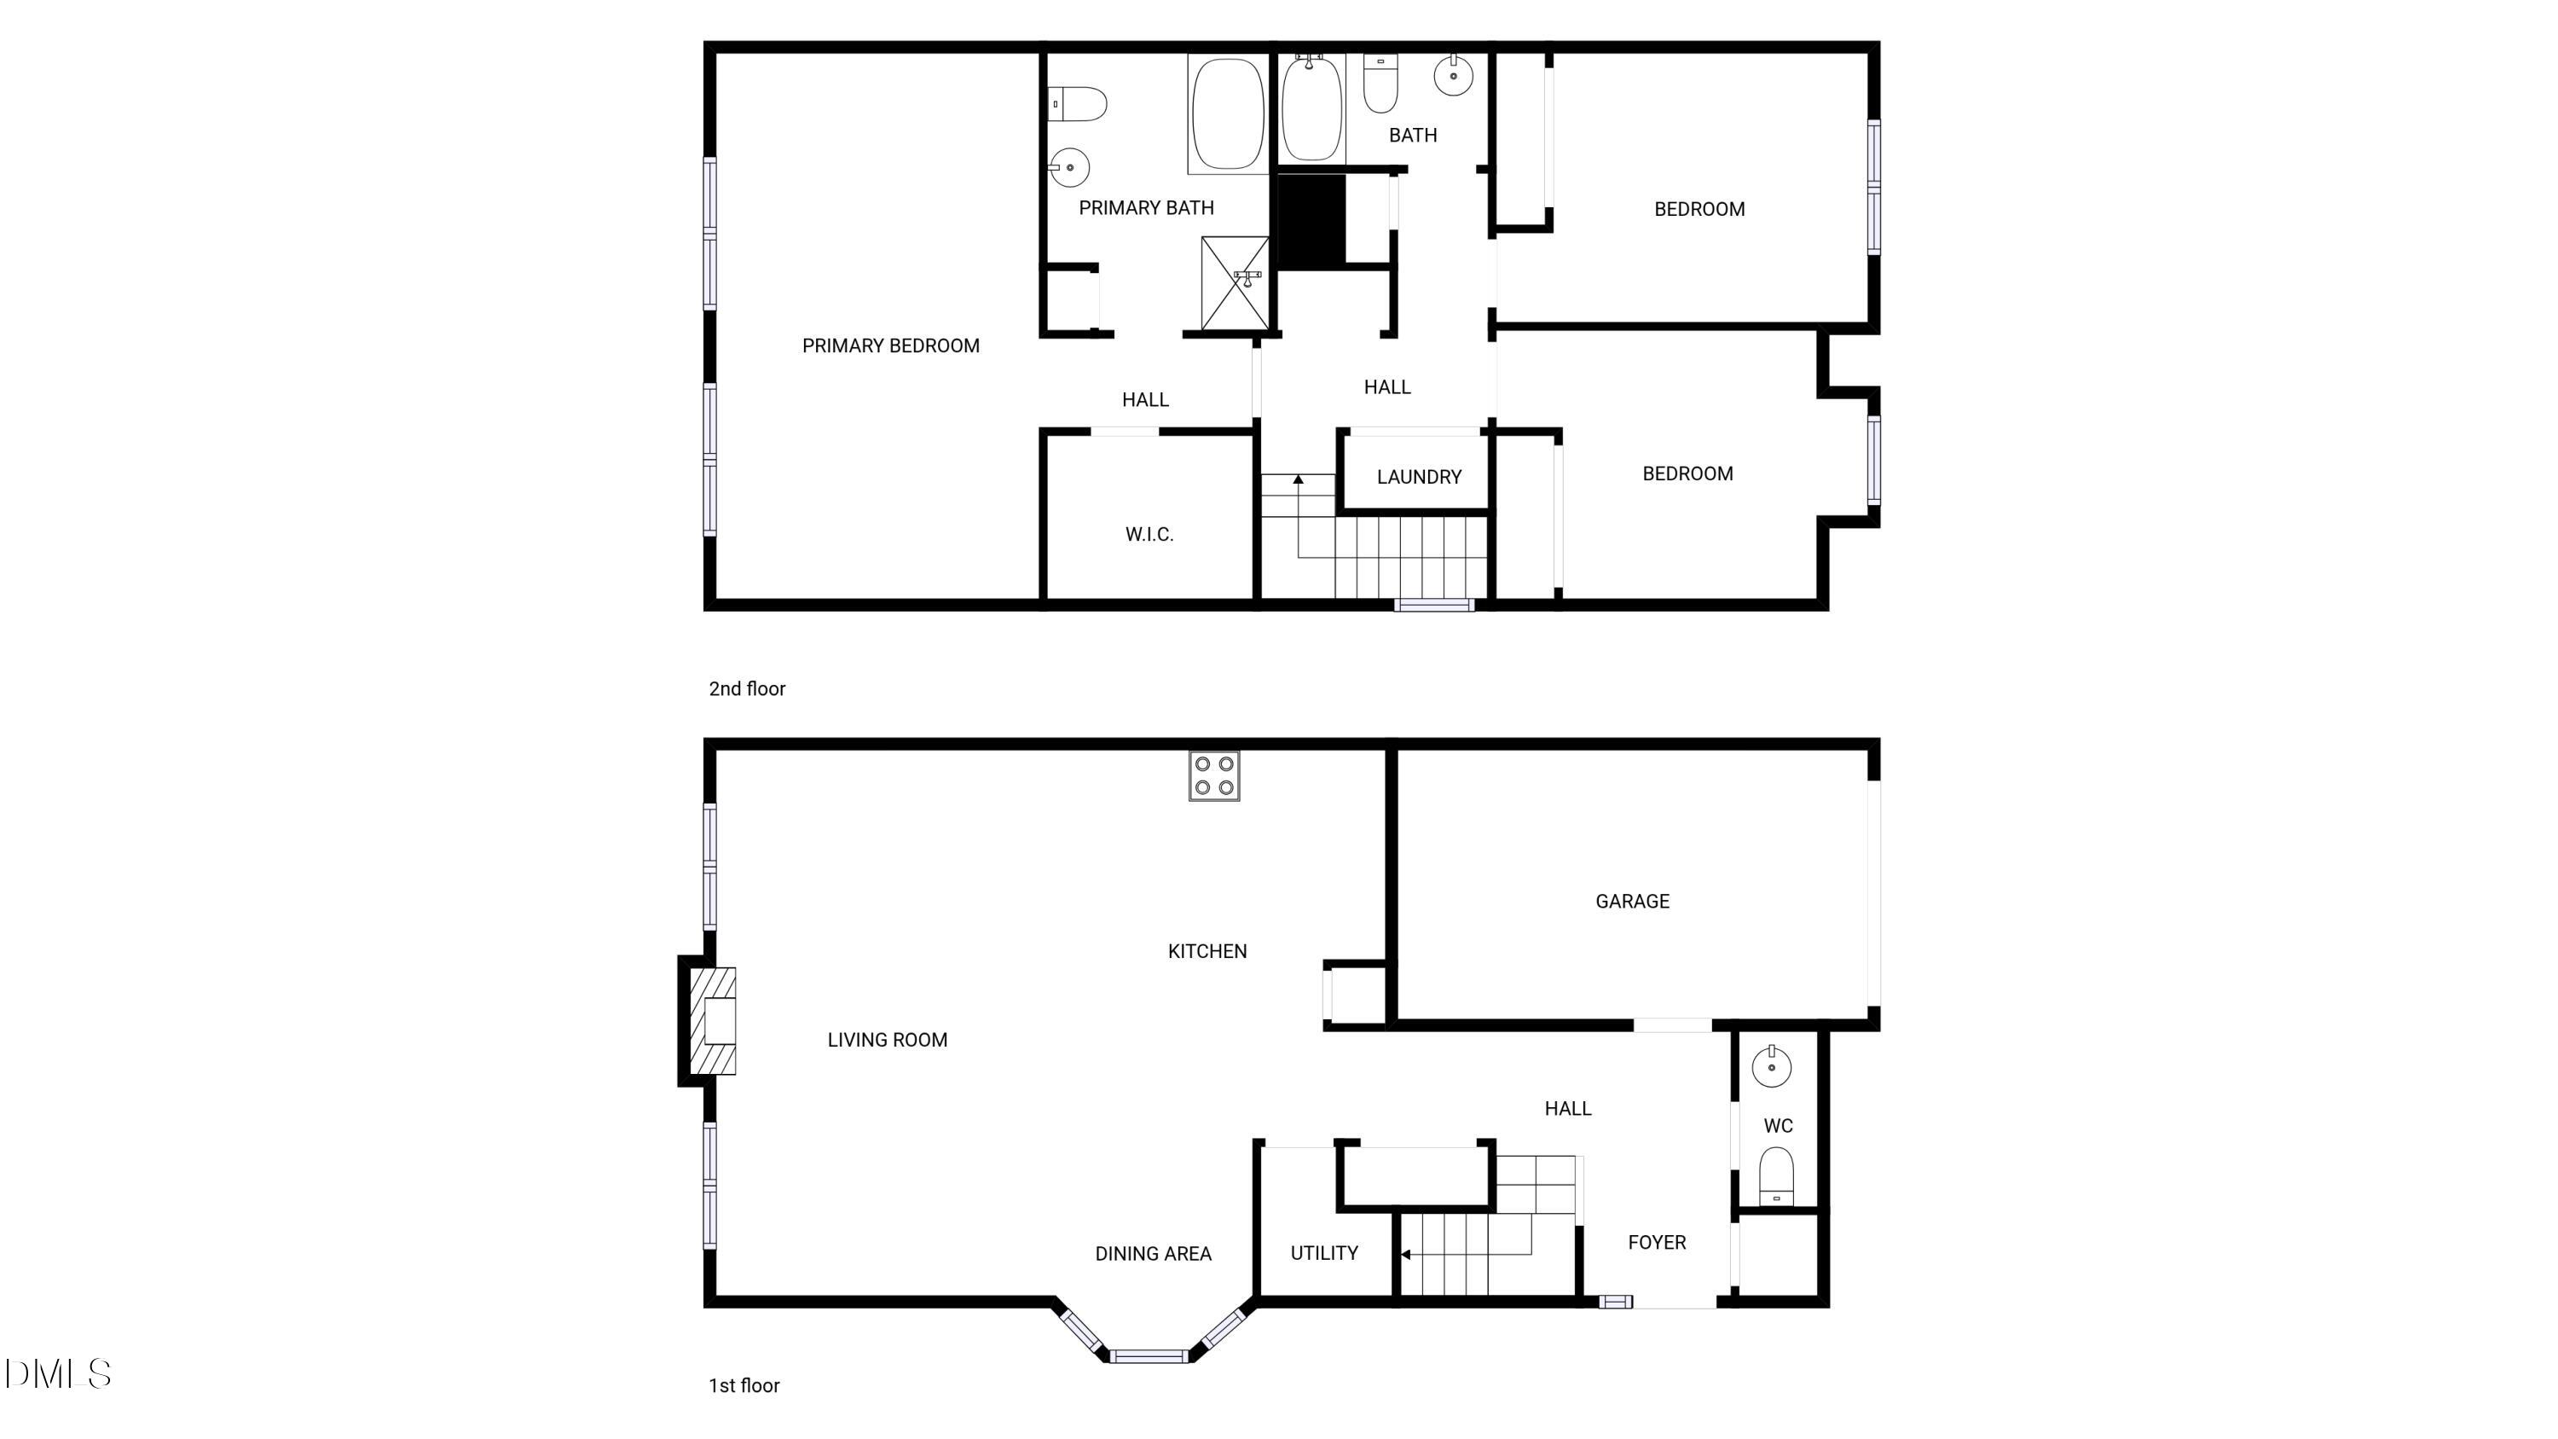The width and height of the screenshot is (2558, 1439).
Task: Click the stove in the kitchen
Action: [x=1213, y=775]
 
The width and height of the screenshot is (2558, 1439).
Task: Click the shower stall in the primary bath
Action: [x=1235, y=282]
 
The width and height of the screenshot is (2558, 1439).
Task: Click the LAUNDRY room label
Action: [x=1419, y=477]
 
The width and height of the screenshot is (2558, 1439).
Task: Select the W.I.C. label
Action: [x=1149, y=534]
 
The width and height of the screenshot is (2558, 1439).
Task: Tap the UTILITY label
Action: [x=1323, y=1253]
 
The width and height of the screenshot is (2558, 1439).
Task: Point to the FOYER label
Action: [x=1657, y=1242]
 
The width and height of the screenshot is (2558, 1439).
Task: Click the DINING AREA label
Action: [x=1153, y=1254]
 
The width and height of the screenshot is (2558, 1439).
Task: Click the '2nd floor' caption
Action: [x=747, y=689]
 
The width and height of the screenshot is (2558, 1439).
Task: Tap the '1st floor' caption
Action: [x=744, y=1385]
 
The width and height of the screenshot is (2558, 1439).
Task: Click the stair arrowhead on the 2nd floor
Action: [x=1298, y=479]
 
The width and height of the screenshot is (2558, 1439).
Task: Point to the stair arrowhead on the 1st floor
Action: [x=1405, y=1256]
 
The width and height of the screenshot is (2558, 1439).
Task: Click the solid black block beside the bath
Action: [x=1309, y=220]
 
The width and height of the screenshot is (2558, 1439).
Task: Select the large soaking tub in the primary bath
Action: [x=1227, y=113]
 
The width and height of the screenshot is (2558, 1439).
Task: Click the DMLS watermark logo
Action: [x=58, y=1374]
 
